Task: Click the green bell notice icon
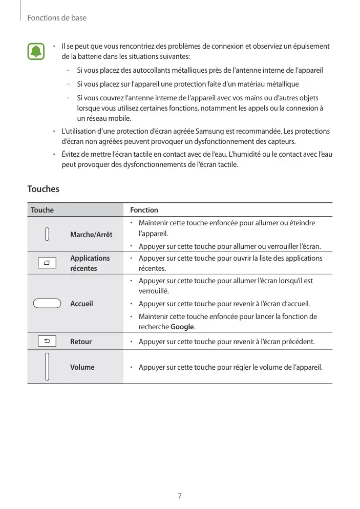(x=36, y=51)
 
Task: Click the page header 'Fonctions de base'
(x=57, y=18)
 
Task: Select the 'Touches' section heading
(x=44, y=189)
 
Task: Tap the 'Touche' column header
(x=43, y=210)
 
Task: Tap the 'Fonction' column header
(x=144, y=210)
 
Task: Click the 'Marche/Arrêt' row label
(x=91, y=235)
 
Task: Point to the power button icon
(x=47, y=234)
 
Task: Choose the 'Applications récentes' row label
(x=90, y=263)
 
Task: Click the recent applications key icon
(x=47, y=263)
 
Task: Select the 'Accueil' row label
(x=82, y=304)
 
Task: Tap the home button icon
(x=47, y=304)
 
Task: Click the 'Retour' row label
(x=81, y=342)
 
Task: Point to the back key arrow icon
(x=47, y=341)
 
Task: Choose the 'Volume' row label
(x=82, y=367)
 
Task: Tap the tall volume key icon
(x=47, y=367)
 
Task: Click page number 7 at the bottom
(x=180, y=496)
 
